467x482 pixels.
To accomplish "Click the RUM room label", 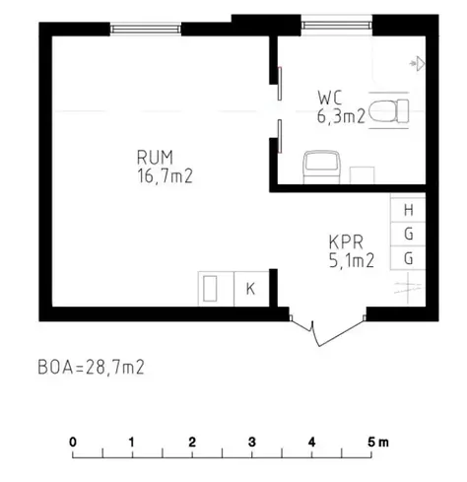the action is [155, 157].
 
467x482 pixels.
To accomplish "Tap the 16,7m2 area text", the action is [165, 176].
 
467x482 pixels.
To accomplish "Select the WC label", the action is [330, 98].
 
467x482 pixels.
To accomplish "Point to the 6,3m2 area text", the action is [341, 116].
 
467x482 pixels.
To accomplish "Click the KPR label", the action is [346, 242].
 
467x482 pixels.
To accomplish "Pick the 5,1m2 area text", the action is [352, 261].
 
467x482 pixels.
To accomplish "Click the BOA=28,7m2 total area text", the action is [91, 368].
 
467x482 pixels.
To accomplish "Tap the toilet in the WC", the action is [388, 110].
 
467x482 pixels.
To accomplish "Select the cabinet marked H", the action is [408, 210].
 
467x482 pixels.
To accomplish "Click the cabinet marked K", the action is [251, 289].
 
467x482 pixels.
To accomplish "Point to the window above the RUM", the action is [146, 30].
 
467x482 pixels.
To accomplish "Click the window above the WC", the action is [337, 26].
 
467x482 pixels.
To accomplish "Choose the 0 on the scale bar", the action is [73, 443].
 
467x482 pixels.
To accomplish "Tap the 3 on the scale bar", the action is [252, 443].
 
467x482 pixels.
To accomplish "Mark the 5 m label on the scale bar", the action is [378, 443].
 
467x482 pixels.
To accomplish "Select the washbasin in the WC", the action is [321, 167].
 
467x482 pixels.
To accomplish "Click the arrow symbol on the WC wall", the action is [417, 63].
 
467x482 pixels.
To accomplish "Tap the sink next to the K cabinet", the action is [210, 289].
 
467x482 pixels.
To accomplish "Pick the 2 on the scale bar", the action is [192, 443].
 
